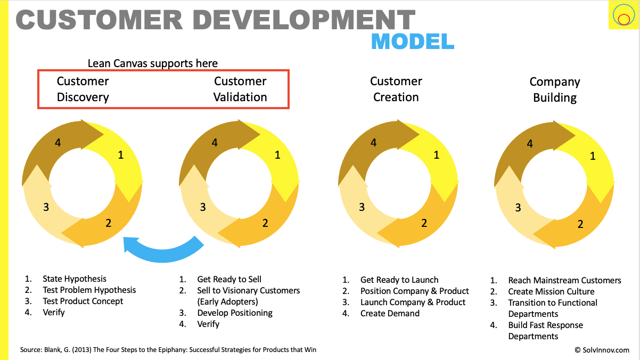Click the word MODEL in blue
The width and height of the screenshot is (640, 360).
click(x=412, y=41)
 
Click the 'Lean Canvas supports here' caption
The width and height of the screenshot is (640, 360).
click(x=153, y=63)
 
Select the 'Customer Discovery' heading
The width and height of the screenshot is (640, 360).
click(x=83, y=89)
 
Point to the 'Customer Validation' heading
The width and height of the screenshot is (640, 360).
click(x=240, y=89)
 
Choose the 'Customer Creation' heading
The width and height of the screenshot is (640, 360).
click(x=396, y=89)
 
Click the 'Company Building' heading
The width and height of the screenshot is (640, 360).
click(x=555, y=89)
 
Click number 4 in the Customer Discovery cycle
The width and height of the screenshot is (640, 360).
click(x=59, y=142)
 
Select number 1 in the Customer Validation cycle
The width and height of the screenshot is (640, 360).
click(x=277, y=155)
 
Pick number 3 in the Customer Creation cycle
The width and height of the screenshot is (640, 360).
click(x=362, y=207)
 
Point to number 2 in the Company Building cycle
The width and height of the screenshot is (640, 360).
click(x=580, y=224)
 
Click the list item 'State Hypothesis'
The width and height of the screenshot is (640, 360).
click(x=75, y=279)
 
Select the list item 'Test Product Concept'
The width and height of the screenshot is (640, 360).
click(x=83, y=301)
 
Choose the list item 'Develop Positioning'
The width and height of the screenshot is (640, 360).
click(x=235, y=313)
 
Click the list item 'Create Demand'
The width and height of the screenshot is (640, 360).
click(x=390, y=313)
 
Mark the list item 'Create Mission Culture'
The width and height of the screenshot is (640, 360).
click(x=551, y=291)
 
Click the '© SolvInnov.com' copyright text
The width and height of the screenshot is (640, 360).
click(x=602, y=350)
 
